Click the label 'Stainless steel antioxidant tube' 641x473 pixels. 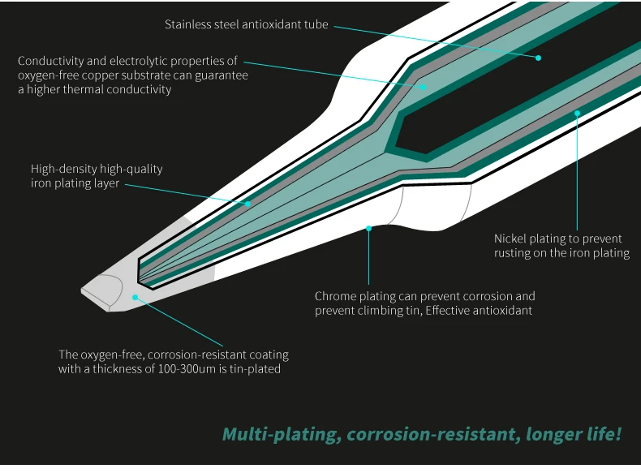point(247,24)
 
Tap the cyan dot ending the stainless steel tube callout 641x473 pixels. point(537,58)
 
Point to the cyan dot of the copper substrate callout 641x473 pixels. point(422,84)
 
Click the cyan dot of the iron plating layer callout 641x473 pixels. point(248,203)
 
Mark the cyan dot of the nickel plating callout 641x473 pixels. point(577,113)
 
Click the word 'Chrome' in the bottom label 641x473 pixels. point(335,296)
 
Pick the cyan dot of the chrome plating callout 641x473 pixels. point(368,228)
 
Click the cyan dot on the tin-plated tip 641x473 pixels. point(135,297)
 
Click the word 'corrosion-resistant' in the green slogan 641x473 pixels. point(431,434)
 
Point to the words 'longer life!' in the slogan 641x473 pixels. point(573,434)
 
